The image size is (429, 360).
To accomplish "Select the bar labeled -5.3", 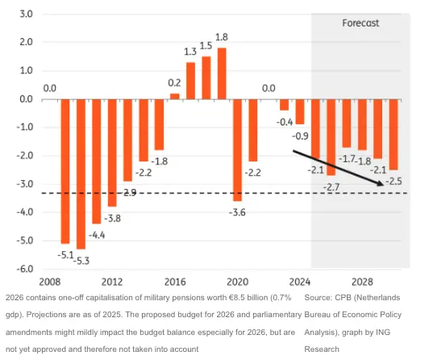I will (x=81, y=174).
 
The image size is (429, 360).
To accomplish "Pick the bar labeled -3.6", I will (x=237, y=149).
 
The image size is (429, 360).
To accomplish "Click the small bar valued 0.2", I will (x=174, y=96).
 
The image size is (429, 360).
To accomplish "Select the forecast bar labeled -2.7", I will (x=331, y=137).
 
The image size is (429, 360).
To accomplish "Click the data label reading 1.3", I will (x=190, y=52).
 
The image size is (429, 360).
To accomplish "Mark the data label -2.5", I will (x=394, y=181).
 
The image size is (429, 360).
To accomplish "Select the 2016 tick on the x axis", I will (x=175, y=282).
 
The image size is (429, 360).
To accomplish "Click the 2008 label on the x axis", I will (x=49, y=282).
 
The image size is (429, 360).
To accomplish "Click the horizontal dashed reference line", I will (x=161, y=193).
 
